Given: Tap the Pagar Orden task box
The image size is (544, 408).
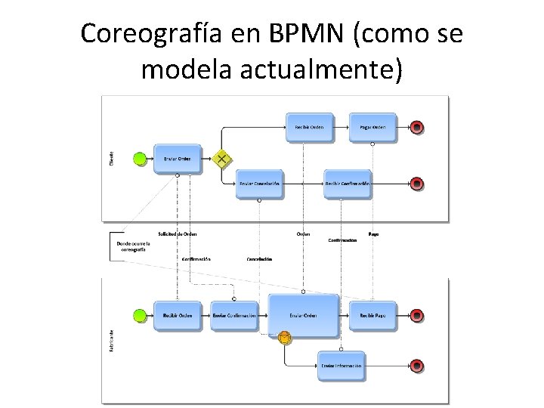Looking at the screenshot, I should tap(372, 127).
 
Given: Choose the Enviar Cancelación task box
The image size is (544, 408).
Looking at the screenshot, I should tap(259, 184).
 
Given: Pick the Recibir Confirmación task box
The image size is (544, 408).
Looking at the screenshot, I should tap(347, 184).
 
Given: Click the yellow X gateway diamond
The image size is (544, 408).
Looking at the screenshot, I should tap(222, 159).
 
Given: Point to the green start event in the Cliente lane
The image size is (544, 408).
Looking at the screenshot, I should tap(139, 159).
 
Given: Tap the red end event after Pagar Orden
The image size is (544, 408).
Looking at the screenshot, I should tap(416, 127).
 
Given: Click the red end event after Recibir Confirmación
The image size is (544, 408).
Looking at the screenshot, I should tap(416, 184).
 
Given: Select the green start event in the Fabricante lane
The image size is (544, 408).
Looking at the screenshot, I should tap(139, 315).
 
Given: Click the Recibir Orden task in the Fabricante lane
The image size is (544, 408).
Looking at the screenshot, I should tap(178, 315).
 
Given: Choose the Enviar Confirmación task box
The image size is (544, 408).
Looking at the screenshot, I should tap(234, 315).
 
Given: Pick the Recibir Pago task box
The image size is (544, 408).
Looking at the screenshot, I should tap(372, 315).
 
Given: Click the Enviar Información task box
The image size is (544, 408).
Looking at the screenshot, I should tap(341, 366).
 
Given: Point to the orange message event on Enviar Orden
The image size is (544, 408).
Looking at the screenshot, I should tap(284, 338).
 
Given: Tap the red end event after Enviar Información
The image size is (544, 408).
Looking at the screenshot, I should tap(416, 366).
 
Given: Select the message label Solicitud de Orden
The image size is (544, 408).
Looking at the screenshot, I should tap(178, 233).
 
